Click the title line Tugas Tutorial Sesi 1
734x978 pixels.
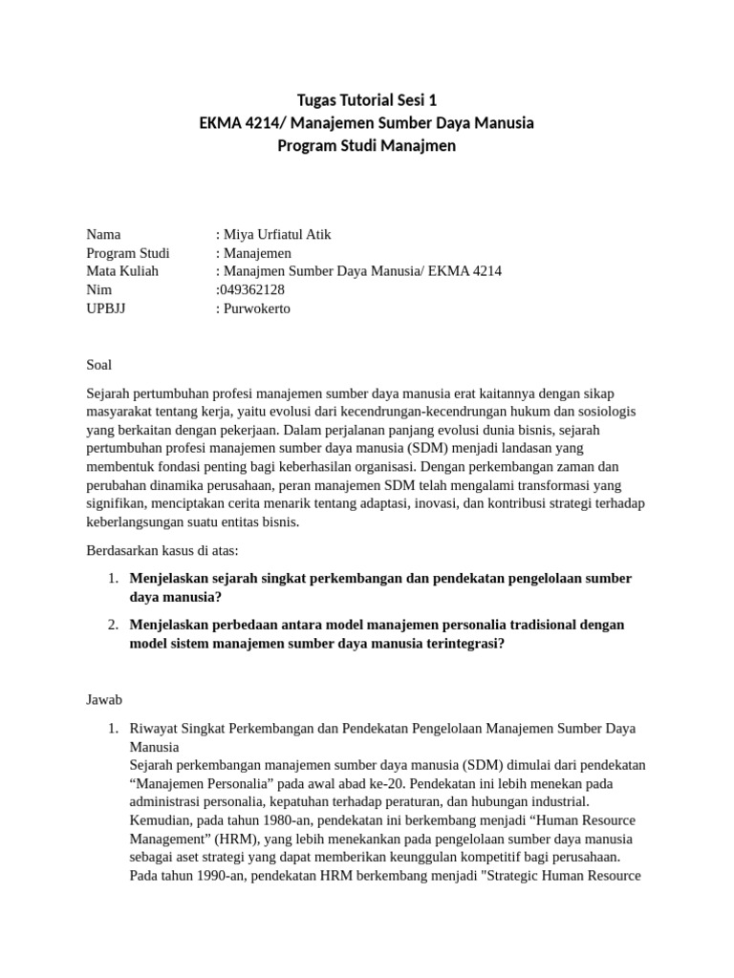click(x=367, y=100)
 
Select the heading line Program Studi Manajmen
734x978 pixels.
click(x=367, y=146)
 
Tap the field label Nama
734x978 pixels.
click(x=103, y=235)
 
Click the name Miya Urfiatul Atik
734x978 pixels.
click(x=277, y=235)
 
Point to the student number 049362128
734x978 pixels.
click(x=252, y=289)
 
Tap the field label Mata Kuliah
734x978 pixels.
click(x=122, y=271)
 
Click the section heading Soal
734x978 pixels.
click(x=99, y=365)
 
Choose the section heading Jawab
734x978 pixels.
click(x=105, y=700)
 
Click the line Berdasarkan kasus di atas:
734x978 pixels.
click(x=162, y=550)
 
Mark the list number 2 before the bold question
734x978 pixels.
click(x=112, y=625)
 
